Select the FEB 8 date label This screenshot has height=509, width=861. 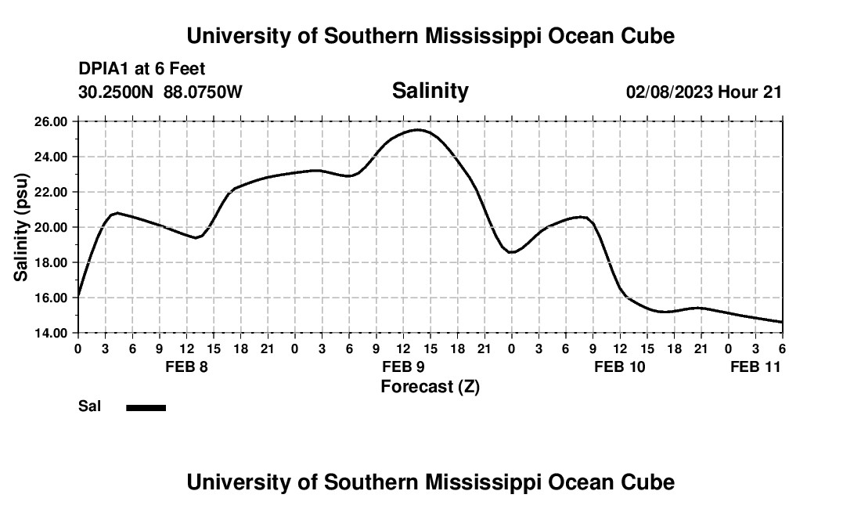(186, 366)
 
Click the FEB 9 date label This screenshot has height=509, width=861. (403, 366)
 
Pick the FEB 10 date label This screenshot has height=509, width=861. (620, 366)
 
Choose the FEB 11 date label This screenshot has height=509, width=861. (755, 366)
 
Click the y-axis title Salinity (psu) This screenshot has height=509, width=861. (22, 227)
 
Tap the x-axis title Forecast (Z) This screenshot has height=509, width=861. (430, 386)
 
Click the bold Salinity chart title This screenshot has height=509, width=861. (430, 91)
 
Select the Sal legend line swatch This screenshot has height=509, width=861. (146, 407)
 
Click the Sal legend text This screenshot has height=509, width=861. (90, 406)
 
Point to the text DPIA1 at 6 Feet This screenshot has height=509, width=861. (142, 69)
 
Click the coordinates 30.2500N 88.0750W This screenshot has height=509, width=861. (160, 92)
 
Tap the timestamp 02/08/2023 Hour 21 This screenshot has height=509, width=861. (704, 92)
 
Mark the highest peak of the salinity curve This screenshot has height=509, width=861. (419, 130)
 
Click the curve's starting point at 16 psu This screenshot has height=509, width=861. (78, 297)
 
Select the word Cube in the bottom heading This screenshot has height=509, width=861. (650, 482)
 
